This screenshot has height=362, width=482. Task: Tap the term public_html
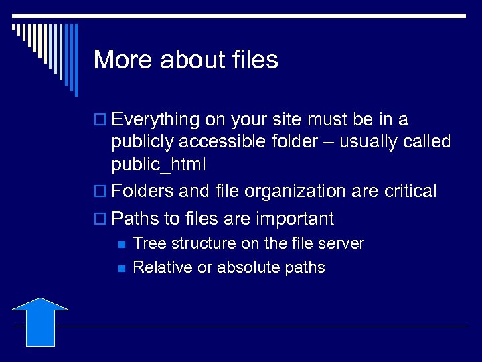[159, 164]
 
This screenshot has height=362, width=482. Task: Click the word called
[426, 142]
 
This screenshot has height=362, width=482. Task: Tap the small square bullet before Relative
[120, 268]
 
